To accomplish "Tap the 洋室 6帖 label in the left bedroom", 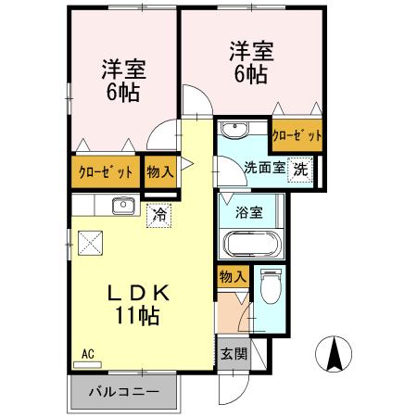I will tap(120, 80).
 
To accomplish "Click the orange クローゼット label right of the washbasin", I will tap(297, 135).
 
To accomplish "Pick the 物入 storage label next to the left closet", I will tap(158, 171).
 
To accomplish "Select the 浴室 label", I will tap(249, 211).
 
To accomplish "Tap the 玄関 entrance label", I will tap(233, 353).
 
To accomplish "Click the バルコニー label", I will tap(123, 391).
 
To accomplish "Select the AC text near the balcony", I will tap(88, 353).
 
